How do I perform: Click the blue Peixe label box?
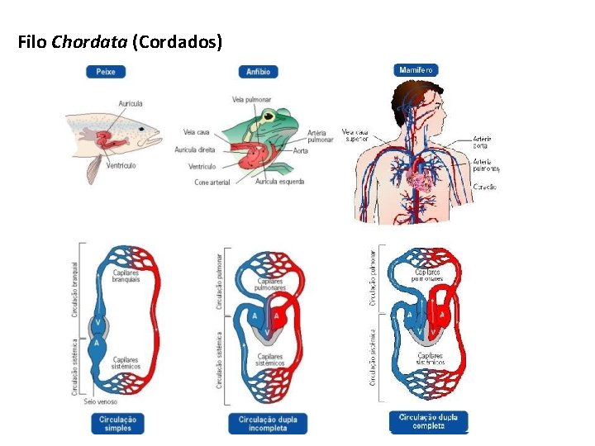pyautogui.click(x=106, y=72)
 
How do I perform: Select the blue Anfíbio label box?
pyautogui.click(x=258, y=72)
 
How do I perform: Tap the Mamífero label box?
pyautogui.click(x=417, y=70)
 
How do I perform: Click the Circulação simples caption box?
pyautogui.click(x=117, y=424)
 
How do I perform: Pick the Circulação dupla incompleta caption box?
pyautogui.click(x=268, y=424)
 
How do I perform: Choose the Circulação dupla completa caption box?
pyautogui.click(x=428, y=421)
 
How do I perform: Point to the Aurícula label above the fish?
pyautogui.click(x=131, y=104)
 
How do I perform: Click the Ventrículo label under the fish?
pyautogui.click(x=121, y=166)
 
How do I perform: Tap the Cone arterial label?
pyautogui.click(x=212, y=182)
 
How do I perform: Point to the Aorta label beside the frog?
pyautogui.click(x=301, y=151)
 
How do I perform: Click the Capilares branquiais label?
pyautogui.click(x=126, y=276)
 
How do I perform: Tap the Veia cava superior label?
pyautogui.click(x=355, y=135)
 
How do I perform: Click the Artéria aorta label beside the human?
pyautogui.click(x=483, y=141)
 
